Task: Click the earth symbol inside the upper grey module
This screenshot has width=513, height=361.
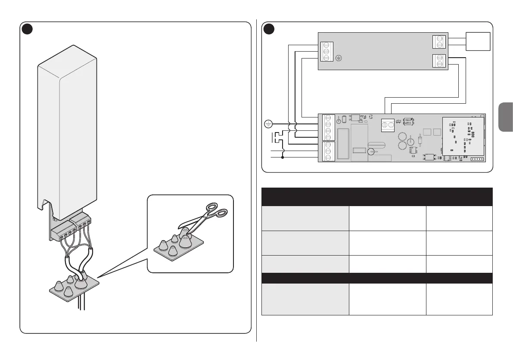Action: (x=339, y=58)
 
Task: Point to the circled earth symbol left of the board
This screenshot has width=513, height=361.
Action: (x=267, y=124)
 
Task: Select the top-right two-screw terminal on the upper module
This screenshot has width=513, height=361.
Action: (x=439, y=42)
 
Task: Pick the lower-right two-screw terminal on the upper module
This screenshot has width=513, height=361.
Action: (x=439, y=61)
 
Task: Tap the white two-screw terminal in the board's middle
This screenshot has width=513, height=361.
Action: (x=387, y=125)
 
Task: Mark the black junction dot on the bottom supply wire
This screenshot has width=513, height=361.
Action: (x=283, y=157)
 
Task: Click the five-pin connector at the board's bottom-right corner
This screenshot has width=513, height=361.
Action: (x=477, y=159)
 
